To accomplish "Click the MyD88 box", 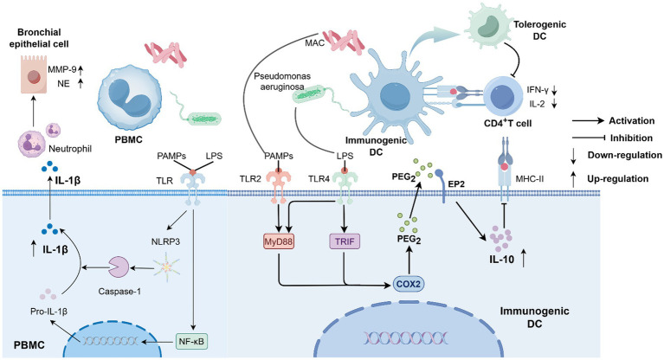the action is pos(279,241).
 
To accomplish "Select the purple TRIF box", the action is pos(345,241).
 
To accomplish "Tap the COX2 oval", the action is pos(409,284).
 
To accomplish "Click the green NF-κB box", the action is pos(192,341).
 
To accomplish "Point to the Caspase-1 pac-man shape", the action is pos(118,267).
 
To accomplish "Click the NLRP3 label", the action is pos(165,241).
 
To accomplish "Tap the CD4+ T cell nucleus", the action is pos(503,97).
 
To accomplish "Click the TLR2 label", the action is pos(250,179).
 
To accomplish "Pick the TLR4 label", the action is pos(319,179).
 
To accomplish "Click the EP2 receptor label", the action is pos(456,183).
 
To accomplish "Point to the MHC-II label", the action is pos(529,179).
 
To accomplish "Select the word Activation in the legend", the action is pos(631,120).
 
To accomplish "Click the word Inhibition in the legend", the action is pos(631,138).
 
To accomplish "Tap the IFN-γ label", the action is pos(538,89).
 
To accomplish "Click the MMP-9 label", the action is pos(61,69).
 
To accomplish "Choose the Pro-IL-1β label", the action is pos(48,312).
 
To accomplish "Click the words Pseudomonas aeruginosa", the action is pos(282,81).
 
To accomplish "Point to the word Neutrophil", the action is pos(70,149).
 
